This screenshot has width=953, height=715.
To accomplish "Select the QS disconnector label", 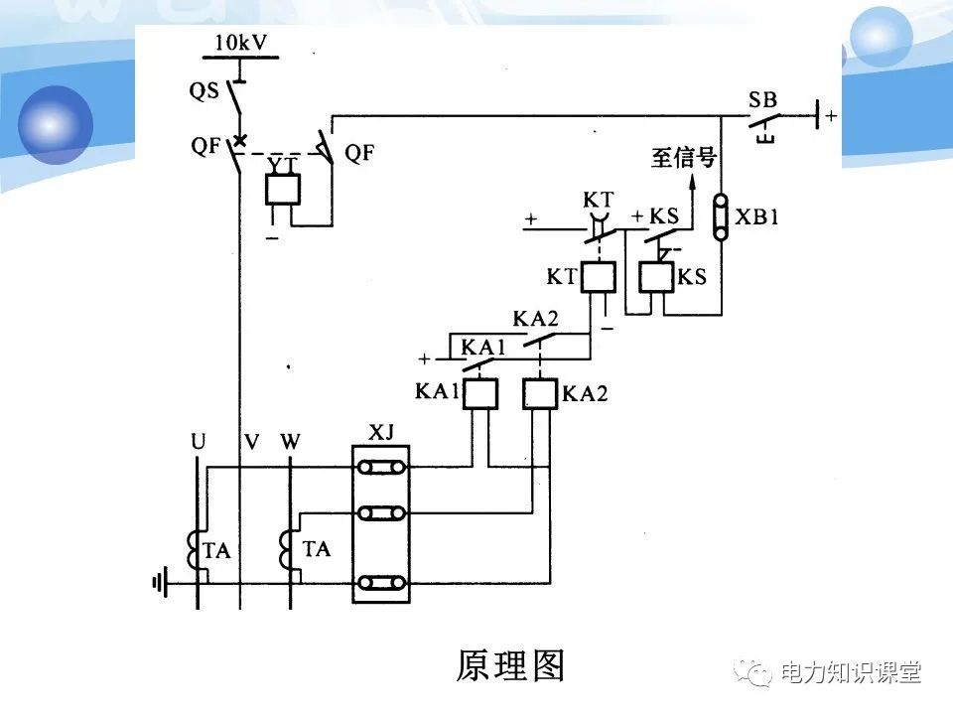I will (204, 89).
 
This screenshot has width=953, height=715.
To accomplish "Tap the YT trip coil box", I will (283, 189).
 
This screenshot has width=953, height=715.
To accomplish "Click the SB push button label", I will (763, 99).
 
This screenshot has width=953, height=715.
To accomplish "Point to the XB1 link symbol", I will (722, 216).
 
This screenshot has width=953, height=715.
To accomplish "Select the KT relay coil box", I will (598, 276).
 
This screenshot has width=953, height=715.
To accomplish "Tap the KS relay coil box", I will (656, 276).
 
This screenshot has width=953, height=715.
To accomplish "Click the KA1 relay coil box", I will (480, 394).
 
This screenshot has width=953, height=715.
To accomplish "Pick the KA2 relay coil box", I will (540, 394).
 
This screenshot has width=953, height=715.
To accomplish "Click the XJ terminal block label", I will (381, 434).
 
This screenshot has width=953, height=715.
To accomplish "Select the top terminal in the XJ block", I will (381, 468).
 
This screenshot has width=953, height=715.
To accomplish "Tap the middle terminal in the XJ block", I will (381, 512).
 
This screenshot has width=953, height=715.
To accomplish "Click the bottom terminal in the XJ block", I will (381, 582).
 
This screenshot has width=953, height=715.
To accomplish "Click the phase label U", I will (199, 440).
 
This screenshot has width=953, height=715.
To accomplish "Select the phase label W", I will (290, 440).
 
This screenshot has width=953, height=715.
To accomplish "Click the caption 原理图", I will (510, 665).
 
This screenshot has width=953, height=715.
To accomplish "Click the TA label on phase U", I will (216, 550).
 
